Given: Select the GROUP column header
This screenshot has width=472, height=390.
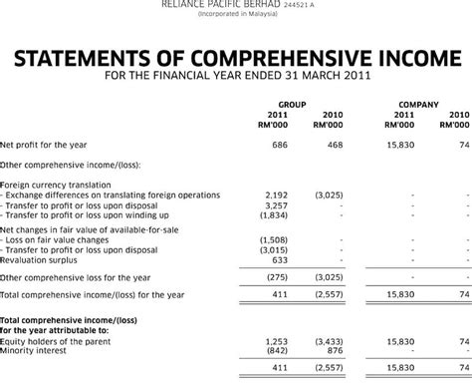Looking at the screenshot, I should (x=291, y=104).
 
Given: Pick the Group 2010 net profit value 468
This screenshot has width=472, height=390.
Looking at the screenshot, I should (x=335, y=145).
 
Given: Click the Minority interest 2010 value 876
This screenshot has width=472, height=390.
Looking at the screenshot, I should (x=335, y=350).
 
